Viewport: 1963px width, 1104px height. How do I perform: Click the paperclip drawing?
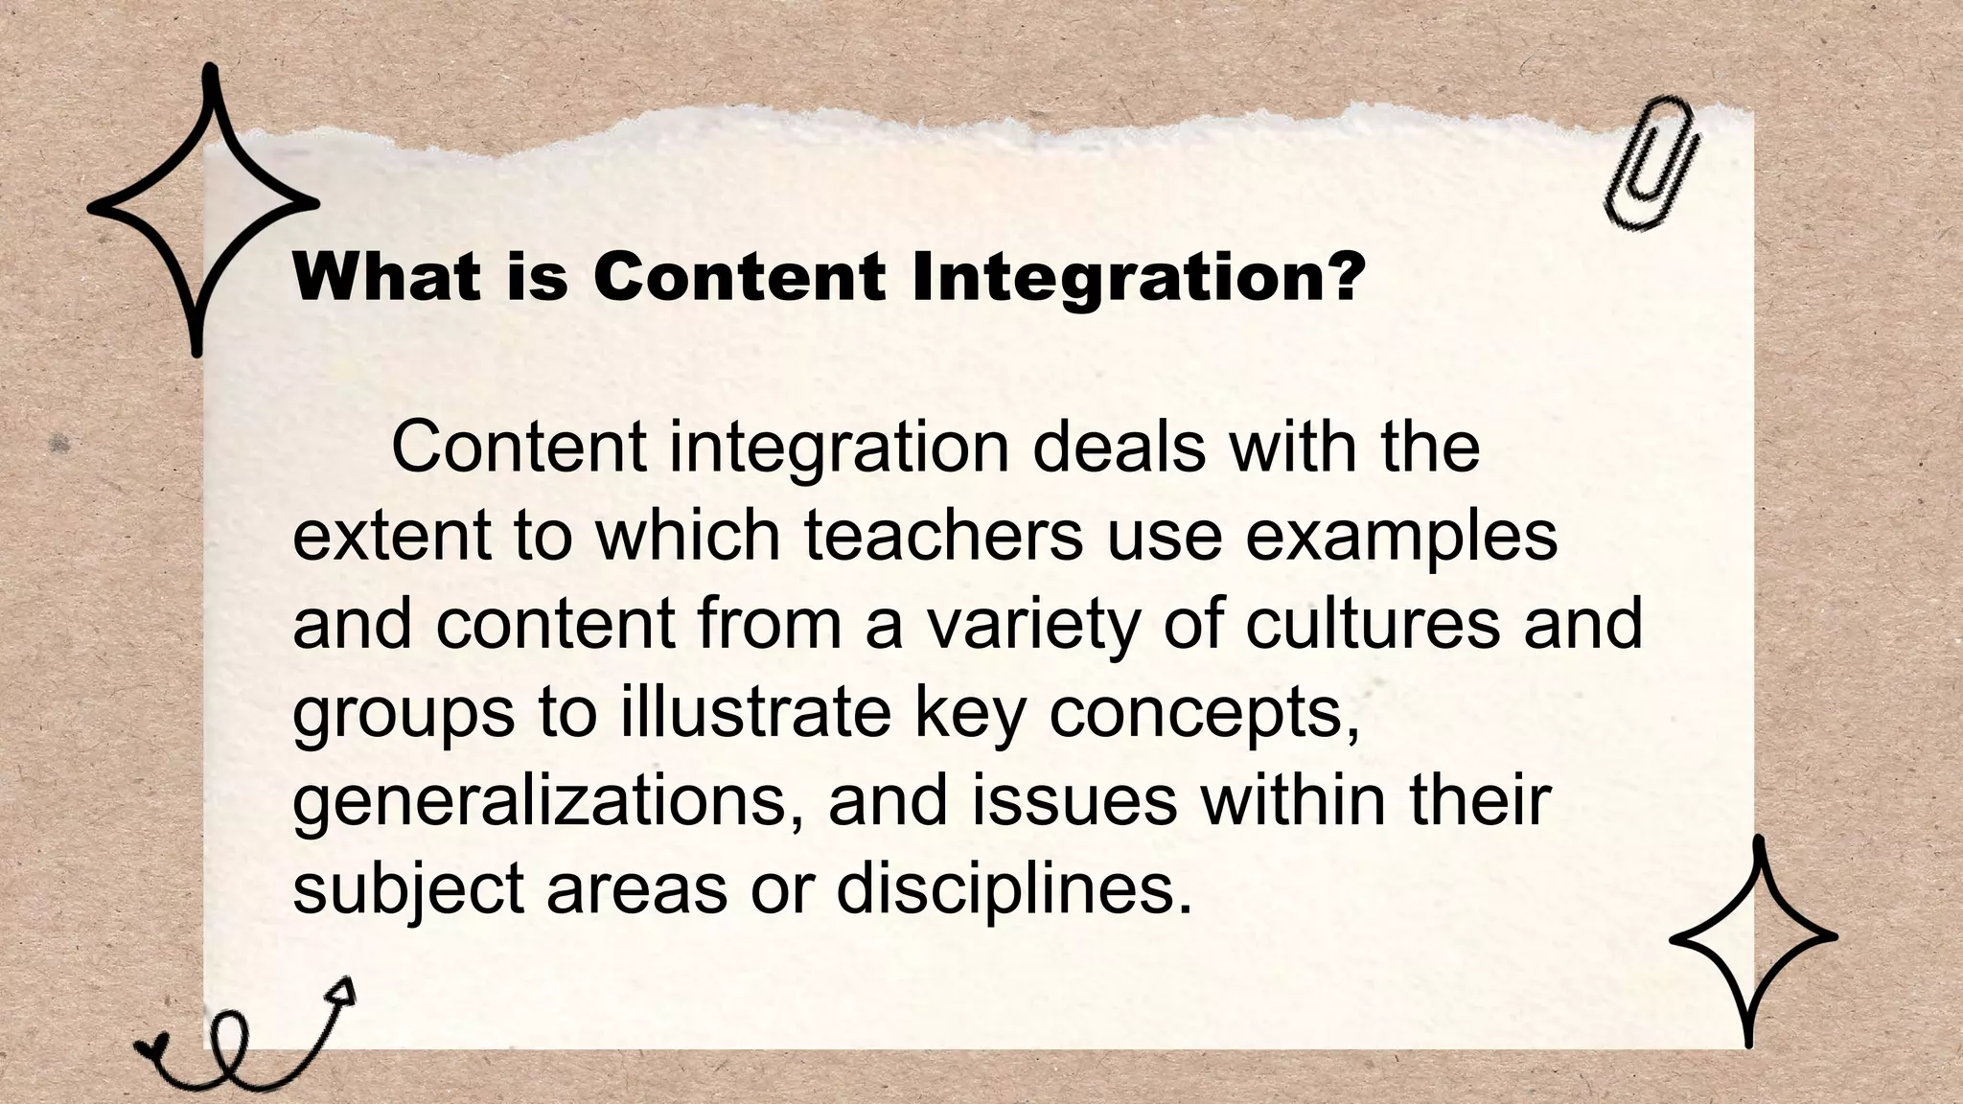[x=1651, y=164]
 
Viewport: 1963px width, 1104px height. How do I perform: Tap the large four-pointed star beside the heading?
[x=202, y=206]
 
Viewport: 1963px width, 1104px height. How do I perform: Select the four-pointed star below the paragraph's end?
[x=1752, y=938]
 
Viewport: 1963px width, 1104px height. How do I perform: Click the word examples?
[x=1401, y=539]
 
